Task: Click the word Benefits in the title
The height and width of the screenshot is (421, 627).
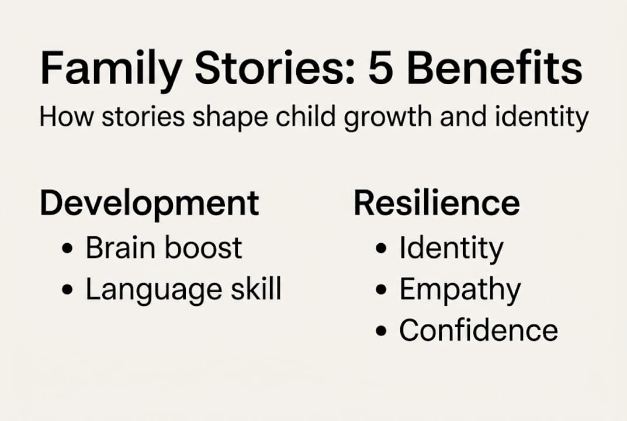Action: click(x=494, y=68)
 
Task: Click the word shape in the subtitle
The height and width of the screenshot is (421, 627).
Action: click(x=230, y=118)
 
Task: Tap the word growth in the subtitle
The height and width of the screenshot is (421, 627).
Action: click(x=387, y=118)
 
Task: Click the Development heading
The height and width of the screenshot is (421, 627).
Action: click(x=150, y=204)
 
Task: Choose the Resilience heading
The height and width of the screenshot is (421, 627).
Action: click(x=437, y=203)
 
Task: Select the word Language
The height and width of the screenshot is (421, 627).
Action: click(x=154, y=290)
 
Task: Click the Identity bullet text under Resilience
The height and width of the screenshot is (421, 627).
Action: click(x=452, y=249)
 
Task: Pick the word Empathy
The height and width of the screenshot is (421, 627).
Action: click(x=460, y=290)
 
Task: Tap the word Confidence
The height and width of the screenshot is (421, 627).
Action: click(x=479, y=330)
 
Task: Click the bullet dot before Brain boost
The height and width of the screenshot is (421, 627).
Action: click(x=68, y=249)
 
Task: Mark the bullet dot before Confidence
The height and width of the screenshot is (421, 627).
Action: click(x=382, y=331)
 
